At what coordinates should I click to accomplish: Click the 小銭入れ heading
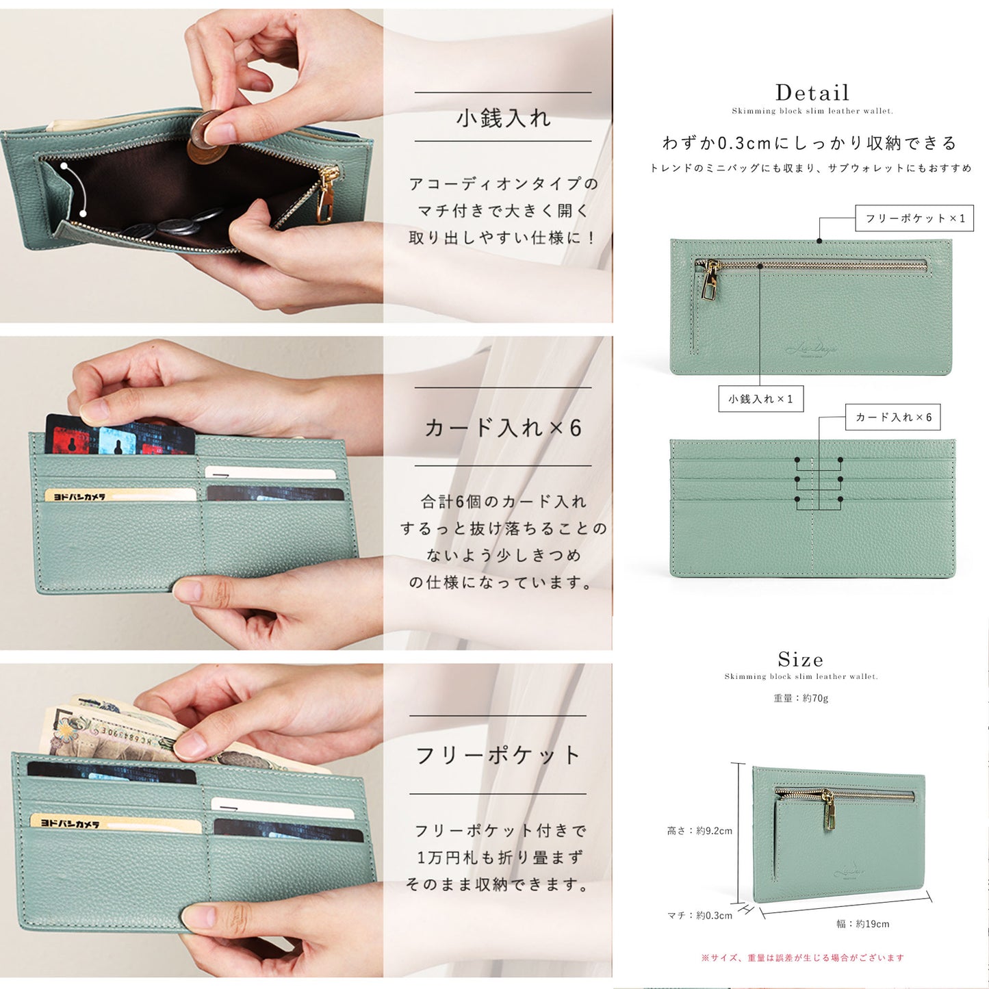[503, 118]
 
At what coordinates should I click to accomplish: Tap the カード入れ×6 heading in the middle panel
[503, 428]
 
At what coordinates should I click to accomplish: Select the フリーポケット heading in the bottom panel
[498, 756]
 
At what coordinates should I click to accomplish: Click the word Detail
[812, 93]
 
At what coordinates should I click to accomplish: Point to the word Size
[800, 660]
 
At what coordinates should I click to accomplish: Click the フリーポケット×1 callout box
[914, 218]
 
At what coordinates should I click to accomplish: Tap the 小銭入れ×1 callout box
[760, 399]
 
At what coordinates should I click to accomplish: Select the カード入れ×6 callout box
[893, 417]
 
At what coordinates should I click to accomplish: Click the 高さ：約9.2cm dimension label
[699, 831]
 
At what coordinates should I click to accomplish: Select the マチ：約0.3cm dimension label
[699, 915]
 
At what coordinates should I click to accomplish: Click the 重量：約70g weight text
[801, 698]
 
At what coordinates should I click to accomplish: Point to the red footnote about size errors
[802, 958]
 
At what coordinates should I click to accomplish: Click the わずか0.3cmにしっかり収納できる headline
[810, 143]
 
